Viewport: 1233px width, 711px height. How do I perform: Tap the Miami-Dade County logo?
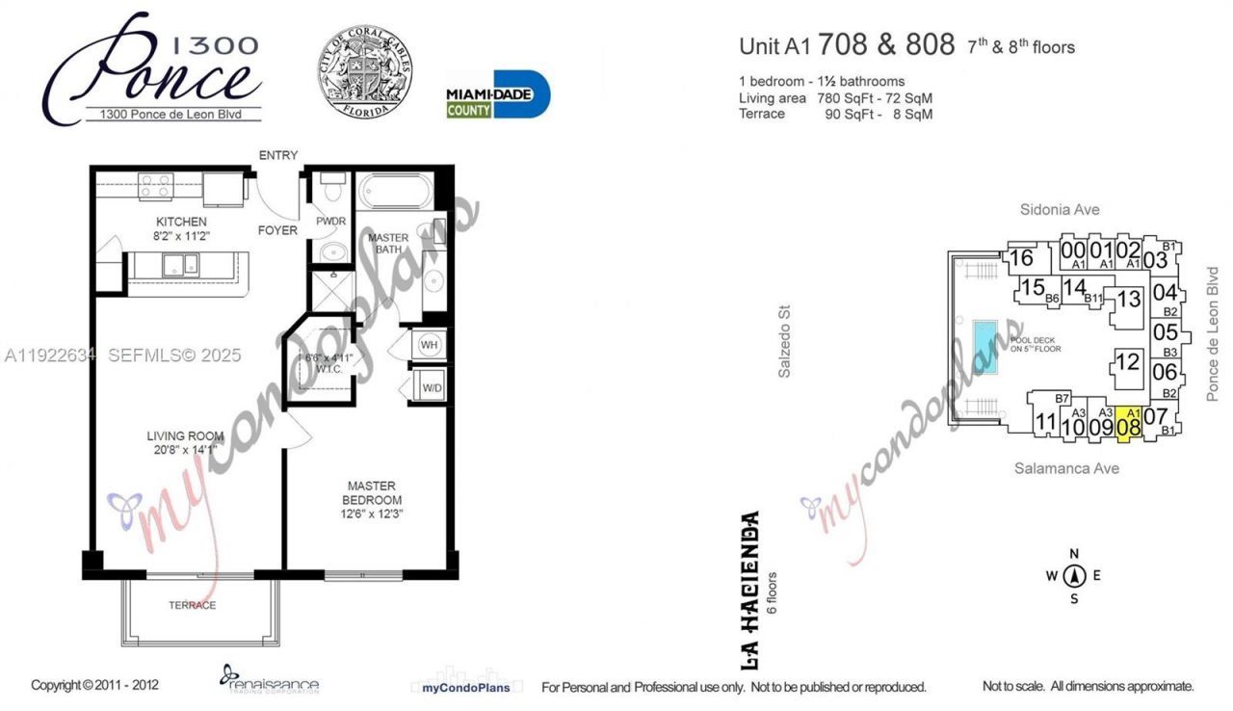497,94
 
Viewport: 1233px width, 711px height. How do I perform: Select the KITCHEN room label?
180,223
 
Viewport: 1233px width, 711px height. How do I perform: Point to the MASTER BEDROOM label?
372,493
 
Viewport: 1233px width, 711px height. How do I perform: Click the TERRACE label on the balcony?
192,605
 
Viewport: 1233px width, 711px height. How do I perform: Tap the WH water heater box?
428,345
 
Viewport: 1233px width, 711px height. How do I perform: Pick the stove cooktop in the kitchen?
155,185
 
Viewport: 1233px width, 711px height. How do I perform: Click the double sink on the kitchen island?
178,265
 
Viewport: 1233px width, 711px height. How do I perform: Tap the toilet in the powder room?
332,184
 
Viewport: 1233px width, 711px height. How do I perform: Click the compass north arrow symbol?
1075,576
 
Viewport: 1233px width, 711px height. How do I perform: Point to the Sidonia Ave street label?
1060,209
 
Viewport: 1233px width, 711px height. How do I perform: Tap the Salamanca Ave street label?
1066,468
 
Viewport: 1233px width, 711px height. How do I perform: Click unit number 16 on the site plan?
1022,258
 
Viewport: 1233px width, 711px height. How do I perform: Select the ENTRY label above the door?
277,155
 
